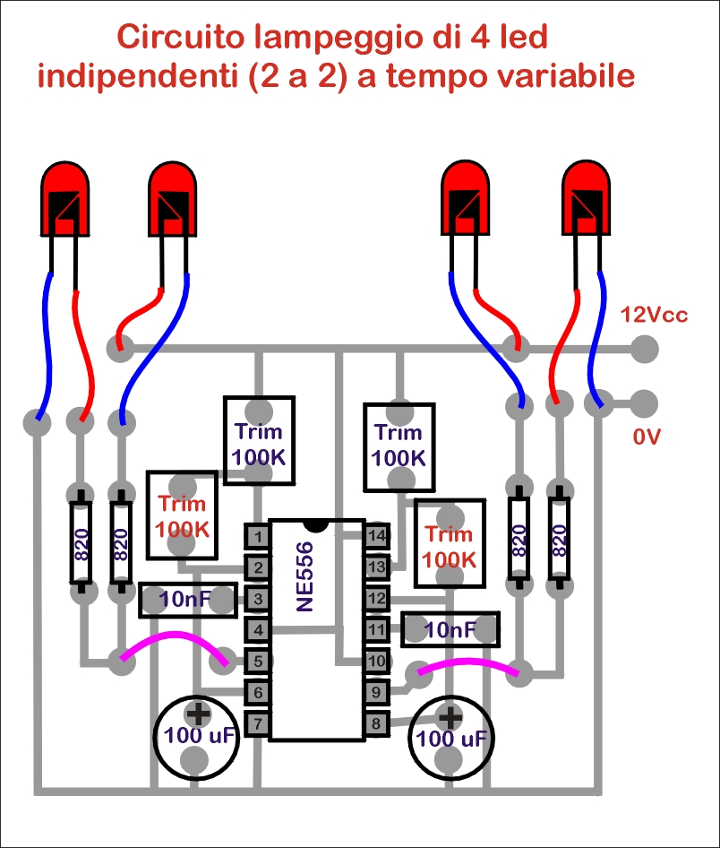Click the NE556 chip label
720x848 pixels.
[x=305, y=576]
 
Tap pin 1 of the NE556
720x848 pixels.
[x=258, y=536]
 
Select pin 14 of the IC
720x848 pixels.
[x=376, y=535]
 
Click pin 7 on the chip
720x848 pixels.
[x=258, y=723]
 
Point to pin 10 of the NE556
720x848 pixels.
[x=376, y=661]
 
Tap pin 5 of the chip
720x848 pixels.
[x=258, y=661]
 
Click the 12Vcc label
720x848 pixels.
[x=654, y=315]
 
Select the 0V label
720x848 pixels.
[x=647, y=437]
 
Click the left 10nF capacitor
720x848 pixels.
[x=188, y=600]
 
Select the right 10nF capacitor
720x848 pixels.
[x=450, y=629]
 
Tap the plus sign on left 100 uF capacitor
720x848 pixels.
[x=198, y=714]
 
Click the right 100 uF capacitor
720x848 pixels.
[x=451, y=738]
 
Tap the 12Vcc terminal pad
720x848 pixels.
[x=644, y=349]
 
